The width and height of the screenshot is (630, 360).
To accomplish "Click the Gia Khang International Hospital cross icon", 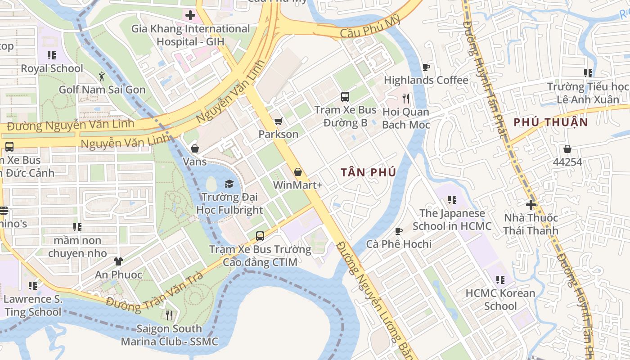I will [x=190, y=15].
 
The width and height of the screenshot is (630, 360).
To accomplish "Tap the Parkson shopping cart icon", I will [x=278, y=121].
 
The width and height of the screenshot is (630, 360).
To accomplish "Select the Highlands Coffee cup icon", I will [x=426, y=67].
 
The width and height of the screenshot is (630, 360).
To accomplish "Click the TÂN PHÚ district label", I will [x=368, y=172].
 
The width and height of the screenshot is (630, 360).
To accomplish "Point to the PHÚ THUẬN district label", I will [x=551, y=122].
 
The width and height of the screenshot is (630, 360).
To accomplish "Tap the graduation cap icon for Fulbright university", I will [x=229, y=184].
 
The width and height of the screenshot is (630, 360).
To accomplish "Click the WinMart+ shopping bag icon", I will [x=297, y=172].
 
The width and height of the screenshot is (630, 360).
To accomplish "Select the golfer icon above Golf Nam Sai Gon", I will [x=102, y=76].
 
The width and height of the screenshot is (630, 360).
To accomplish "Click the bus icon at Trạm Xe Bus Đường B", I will [x=345, y=97].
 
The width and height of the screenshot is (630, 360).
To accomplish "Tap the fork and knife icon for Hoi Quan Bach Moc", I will [x=406, y=99].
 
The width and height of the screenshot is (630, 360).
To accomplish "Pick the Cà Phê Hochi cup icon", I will [x=398, y=231].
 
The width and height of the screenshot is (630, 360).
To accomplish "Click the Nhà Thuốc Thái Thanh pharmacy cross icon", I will [x=531, y=205].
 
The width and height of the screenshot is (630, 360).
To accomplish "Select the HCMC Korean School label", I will [x=500, y=300].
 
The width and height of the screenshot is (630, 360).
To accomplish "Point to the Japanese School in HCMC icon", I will [x=452, y=200].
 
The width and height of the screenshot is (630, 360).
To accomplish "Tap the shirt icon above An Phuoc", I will [x=118, y=261].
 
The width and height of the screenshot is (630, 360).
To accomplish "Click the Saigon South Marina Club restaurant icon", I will [x=169, y=315].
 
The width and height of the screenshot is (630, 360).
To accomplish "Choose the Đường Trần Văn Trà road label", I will [x=155, y=292].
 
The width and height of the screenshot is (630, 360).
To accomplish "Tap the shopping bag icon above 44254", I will [x=567, y=149].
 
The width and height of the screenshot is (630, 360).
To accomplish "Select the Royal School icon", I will [x=52, y=55].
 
